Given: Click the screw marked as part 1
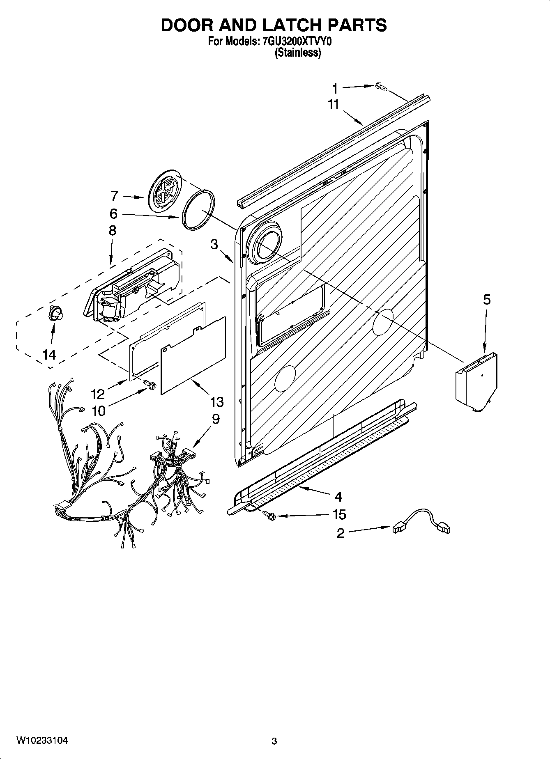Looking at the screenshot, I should point(381,87).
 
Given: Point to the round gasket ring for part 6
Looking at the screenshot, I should point(198,209).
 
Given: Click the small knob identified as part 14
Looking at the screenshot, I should point(55,314).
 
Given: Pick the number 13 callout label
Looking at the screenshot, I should point(216,401).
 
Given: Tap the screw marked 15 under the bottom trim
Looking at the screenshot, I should point(269,514).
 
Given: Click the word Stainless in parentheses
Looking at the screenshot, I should point(298,53).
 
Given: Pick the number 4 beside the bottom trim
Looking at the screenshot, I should point(338,497).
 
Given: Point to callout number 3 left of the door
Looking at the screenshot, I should point(214,245).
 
